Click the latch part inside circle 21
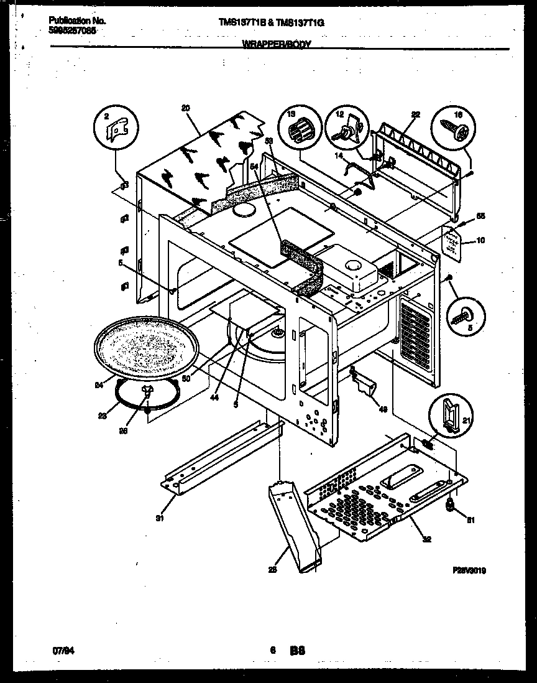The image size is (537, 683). coord(450,414)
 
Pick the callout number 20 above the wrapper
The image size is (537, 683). coord(185,108)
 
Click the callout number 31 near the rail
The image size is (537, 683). coord(159,517)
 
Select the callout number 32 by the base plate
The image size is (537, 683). coord(426,539)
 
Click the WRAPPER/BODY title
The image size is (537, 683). coord(276,45)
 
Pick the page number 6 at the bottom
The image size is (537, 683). coord(272,651)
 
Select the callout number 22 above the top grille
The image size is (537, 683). coord(416,114)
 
